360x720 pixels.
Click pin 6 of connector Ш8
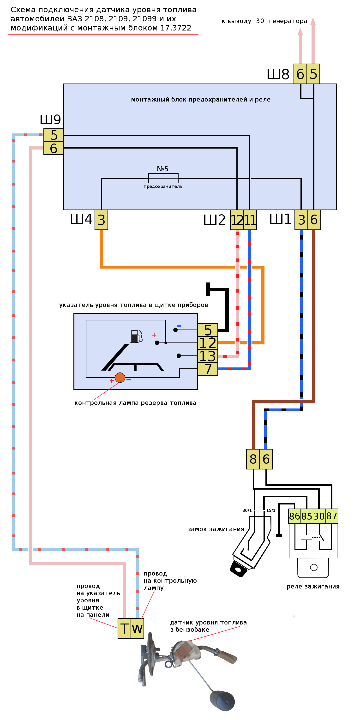coord(300,74)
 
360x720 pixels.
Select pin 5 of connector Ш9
coord(54,135)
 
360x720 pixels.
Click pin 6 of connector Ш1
coord(314,220)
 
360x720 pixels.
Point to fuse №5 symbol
coord(163,178)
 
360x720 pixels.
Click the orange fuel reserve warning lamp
coord(120,377)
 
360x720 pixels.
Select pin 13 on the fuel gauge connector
coord(208,356)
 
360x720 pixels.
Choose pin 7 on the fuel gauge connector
coord(208,369)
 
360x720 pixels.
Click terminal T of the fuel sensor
coord(124,628)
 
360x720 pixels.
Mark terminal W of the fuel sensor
coord(137,628)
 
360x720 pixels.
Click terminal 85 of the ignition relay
coord(307,516)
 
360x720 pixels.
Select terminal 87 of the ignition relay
coord(331,516)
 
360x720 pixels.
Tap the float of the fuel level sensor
coord(222,701)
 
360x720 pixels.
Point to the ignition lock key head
coord(238,569)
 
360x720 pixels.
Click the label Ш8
coord(278,74)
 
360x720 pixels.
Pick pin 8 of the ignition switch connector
coord(253,459)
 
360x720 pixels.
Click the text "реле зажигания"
coord(313,586)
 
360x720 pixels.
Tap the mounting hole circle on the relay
coord(314,567)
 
